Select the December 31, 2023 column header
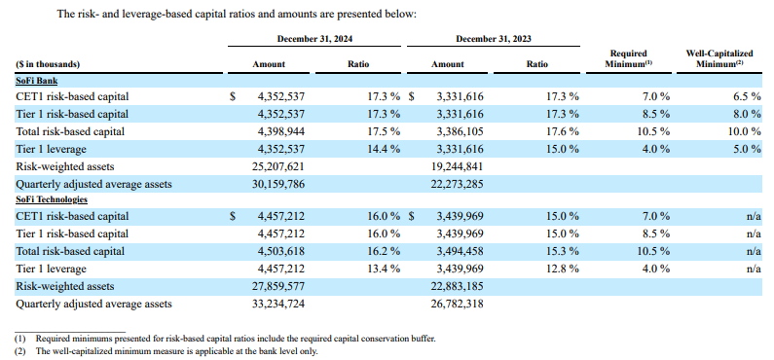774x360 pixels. click(493, 38)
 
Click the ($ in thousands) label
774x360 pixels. click(48, 64)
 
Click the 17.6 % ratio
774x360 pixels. click(561, 131)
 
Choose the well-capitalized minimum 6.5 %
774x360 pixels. click(744, 97)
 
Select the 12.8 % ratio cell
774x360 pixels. click(561, 269)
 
